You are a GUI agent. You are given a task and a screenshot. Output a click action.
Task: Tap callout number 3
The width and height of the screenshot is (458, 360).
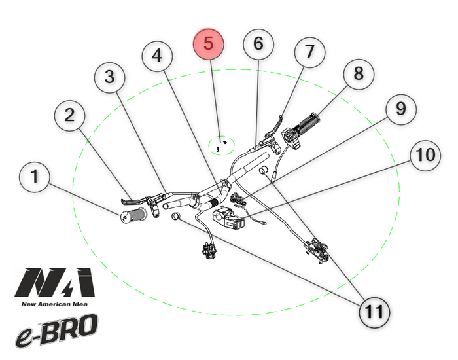110,77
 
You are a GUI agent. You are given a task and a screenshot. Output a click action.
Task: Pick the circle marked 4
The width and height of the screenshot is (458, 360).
157,57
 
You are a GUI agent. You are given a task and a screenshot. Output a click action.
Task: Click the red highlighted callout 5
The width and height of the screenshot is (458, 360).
208,44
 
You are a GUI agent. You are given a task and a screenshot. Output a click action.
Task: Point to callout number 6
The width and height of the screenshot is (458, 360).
258,44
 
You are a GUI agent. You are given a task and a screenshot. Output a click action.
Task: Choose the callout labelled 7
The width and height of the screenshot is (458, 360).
309,50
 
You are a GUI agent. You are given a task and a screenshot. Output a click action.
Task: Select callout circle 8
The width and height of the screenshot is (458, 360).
358,74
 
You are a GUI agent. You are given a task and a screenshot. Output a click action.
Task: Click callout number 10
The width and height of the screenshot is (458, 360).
425,155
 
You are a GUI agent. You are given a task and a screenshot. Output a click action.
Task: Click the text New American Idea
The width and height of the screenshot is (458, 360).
54,303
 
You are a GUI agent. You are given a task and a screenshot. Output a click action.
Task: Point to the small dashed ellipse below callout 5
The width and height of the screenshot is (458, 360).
221,145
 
